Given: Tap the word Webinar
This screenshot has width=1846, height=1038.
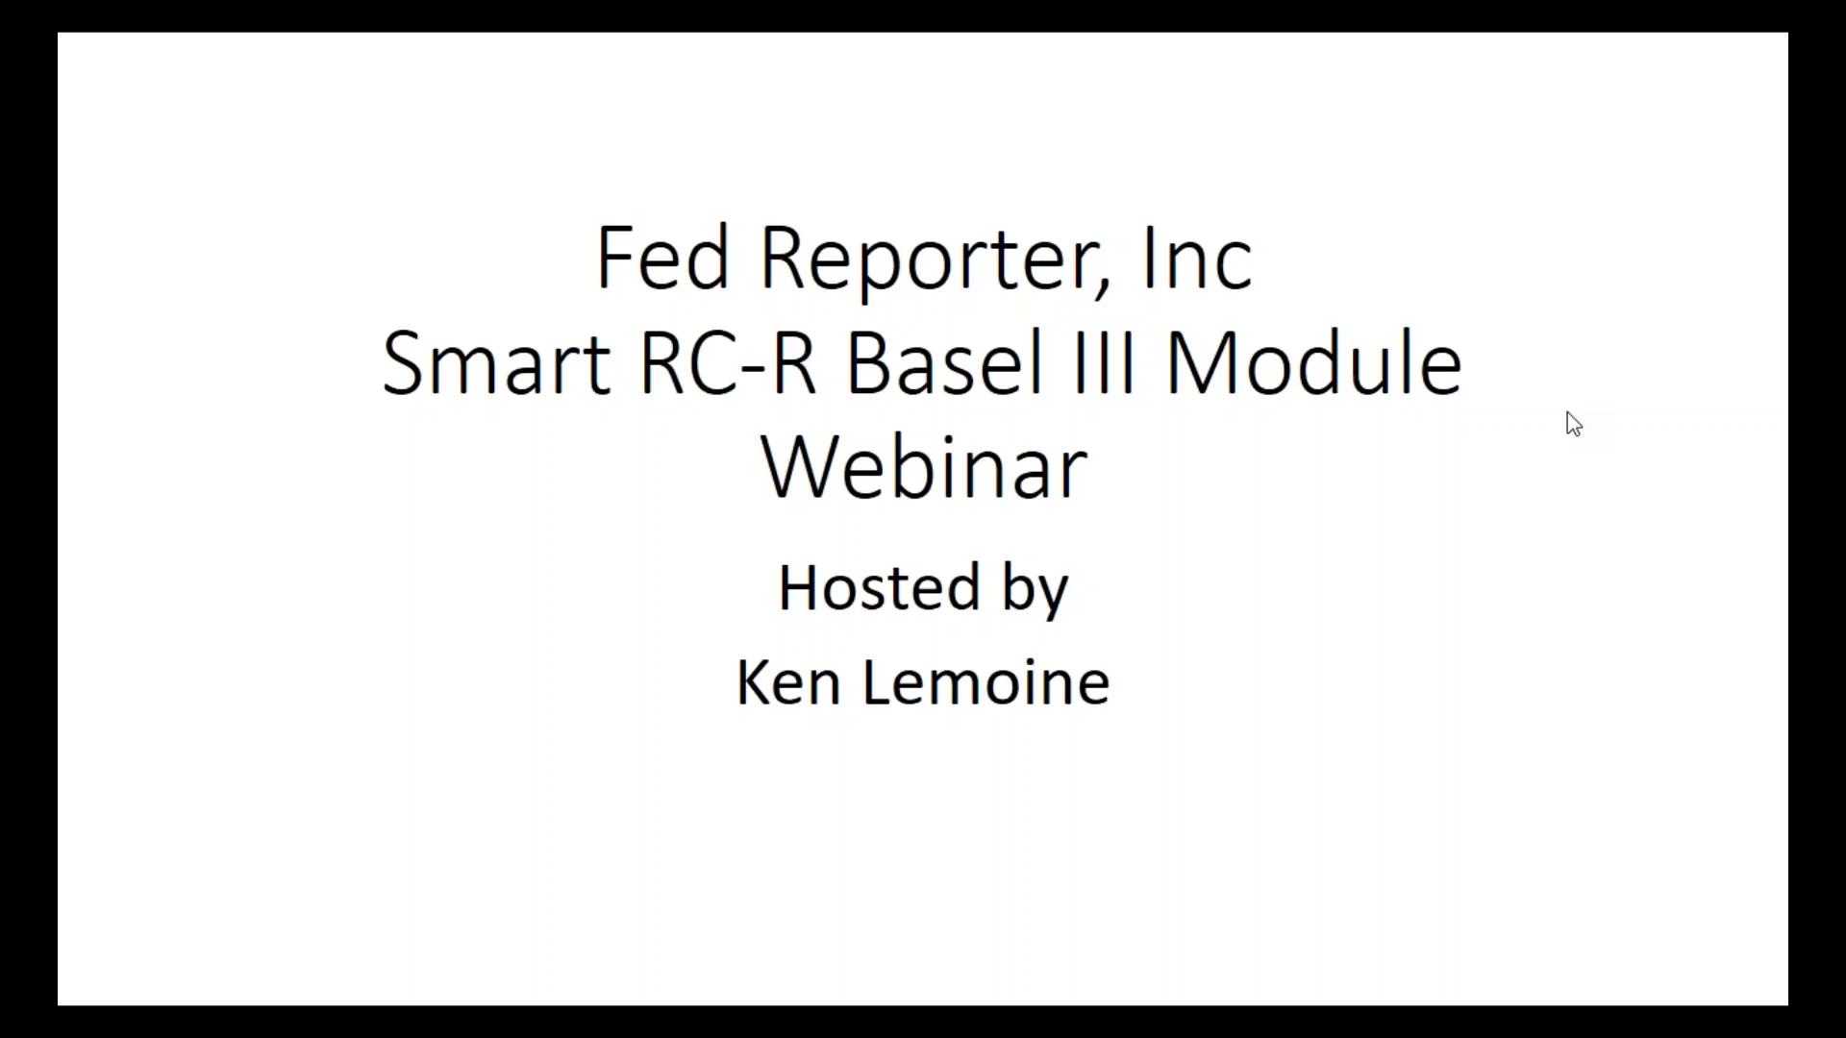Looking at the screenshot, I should coord(924,468).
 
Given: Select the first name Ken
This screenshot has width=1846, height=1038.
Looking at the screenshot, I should coord(788,683).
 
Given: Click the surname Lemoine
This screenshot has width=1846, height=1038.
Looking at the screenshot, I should coord(985,683).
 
